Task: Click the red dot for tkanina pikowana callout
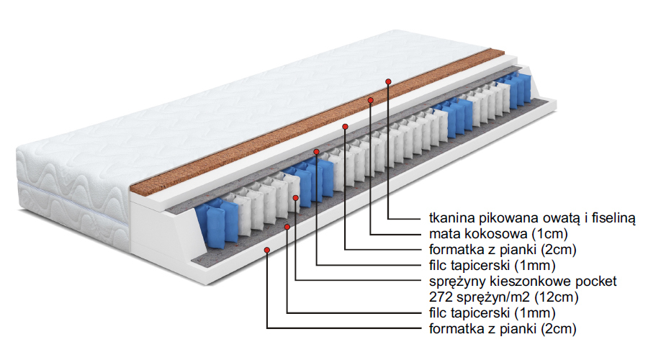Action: pyautogui.click(x=389, y=81)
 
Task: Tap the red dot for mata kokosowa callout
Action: pyautogui.click(x=371, y=99)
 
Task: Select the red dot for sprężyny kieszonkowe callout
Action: pyautogui.click(x=296, y=196)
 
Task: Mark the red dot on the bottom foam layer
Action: pyautogui.click(x=267, y=250)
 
